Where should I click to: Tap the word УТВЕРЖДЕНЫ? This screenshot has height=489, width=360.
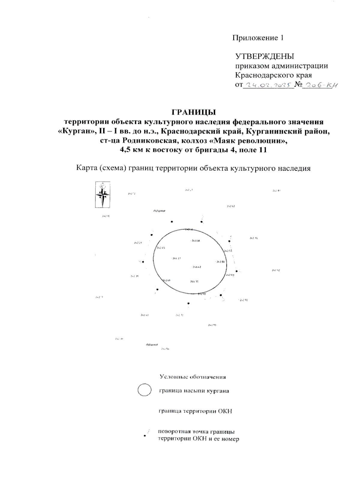(x=265, y=56)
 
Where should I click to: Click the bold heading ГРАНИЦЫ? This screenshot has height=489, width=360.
(x=193, y=112)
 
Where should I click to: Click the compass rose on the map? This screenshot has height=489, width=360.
(x=103, y=195)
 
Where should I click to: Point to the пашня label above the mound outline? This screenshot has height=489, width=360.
(x=160, y=211)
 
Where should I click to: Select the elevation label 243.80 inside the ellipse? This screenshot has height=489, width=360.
(x=220, y=262)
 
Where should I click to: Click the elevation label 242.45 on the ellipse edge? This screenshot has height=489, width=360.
(x=160, y=248)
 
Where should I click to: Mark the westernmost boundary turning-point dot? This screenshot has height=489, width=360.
(x=143, y=262)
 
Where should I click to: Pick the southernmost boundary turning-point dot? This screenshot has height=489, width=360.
(x=188, y=304)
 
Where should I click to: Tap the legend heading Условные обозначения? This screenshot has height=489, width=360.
(x=193, y=377)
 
